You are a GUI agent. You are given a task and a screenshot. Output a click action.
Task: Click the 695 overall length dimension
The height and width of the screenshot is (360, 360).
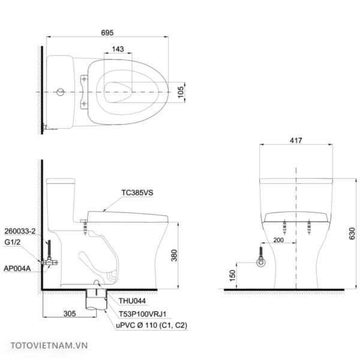(x=107, y=32)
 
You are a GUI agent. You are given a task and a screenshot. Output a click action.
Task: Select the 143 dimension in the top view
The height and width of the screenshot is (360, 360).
(x=118, y=49)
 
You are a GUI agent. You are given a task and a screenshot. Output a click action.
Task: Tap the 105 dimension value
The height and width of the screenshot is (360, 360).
(x=181, y=92)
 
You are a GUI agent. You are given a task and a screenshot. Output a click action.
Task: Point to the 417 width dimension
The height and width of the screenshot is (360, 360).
(x=296, y=140)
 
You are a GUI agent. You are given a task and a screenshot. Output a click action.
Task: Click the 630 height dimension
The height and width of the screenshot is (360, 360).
(x=352, y=233)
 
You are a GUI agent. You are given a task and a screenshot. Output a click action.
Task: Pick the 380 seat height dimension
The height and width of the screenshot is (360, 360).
(x=174, y=256)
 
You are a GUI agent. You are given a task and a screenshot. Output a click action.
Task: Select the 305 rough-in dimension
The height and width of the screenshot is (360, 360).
(x=70, y=313)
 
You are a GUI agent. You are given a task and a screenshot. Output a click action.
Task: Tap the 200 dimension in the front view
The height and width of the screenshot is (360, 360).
(x=278, y=240)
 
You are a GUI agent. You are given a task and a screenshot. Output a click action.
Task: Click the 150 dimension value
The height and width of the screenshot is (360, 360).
(x=232, y=275)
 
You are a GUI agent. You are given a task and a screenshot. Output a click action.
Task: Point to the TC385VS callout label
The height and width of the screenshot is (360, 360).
(x=137, y=193)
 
